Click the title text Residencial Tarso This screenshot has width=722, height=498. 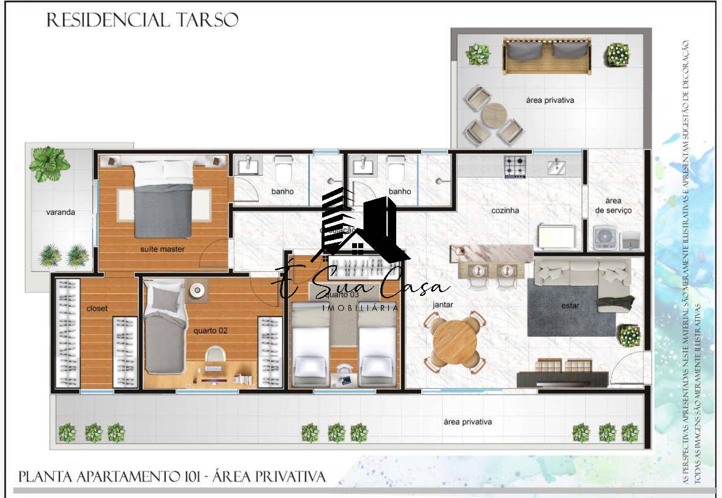142,20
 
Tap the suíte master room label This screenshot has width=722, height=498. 162,249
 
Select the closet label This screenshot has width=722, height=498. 97,308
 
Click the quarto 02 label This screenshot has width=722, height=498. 210,330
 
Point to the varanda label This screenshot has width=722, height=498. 61,213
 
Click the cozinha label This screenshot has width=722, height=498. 505,210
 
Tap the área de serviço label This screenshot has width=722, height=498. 613,205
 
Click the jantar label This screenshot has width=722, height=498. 442,304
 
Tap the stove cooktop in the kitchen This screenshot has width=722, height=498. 515,166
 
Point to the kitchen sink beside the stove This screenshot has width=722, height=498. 557,166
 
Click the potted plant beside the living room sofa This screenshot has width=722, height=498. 629,336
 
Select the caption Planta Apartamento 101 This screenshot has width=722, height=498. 172,477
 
